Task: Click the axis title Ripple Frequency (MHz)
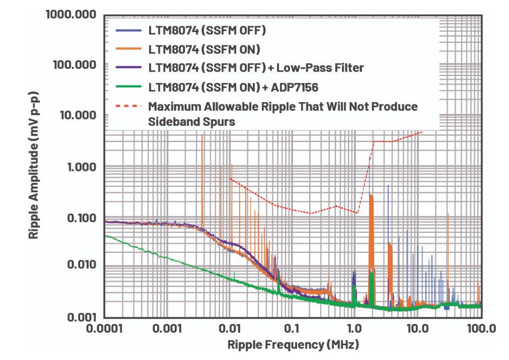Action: point(293,345)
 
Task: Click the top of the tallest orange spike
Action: point(202,134)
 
